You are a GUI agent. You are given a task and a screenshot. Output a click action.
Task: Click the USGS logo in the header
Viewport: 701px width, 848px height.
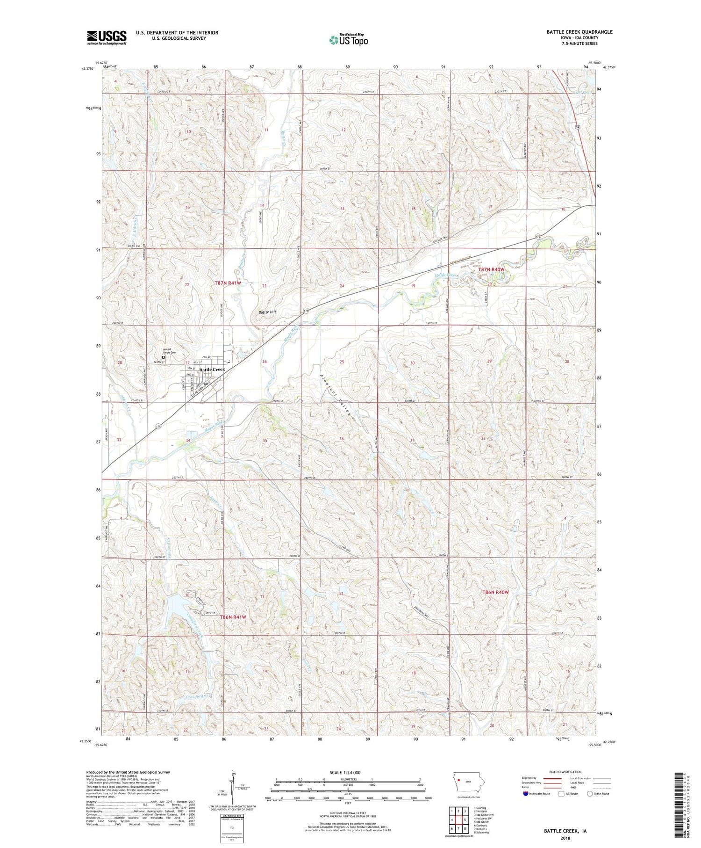[107, 37]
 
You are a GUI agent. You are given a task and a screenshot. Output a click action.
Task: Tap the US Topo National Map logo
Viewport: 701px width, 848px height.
[348, 40]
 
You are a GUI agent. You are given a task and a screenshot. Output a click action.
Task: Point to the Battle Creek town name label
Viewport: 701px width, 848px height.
[212, 370]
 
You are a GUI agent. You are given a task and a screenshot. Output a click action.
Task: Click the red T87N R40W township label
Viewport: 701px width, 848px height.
[491, 269]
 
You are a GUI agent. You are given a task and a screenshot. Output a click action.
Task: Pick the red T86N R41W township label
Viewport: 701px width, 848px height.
[233, 617]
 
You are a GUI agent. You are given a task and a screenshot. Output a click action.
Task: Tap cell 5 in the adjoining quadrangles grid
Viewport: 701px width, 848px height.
[465, 820]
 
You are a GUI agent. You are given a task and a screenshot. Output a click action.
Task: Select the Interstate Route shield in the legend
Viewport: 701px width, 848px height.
[525, 794]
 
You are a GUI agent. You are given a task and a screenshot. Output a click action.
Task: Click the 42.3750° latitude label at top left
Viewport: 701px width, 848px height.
[87, 68]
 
